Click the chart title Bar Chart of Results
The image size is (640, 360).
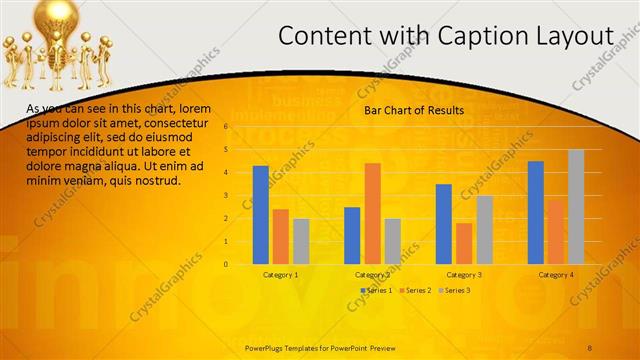[413, 109]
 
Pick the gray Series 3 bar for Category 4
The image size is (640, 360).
[575, 207]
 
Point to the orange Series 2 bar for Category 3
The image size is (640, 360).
[463, 243]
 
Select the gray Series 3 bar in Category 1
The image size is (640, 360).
[300, 241]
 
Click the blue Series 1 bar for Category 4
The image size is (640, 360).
[536, 212]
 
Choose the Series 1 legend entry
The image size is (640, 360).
[376, 290]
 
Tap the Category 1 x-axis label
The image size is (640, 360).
[280, 274]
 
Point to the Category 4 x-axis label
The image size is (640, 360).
[556, 274]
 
